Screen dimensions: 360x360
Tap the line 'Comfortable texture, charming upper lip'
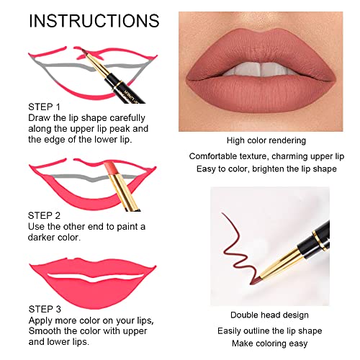(266, 156)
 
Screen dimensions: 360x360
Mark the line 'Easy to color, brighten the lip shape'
(266, 169)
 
